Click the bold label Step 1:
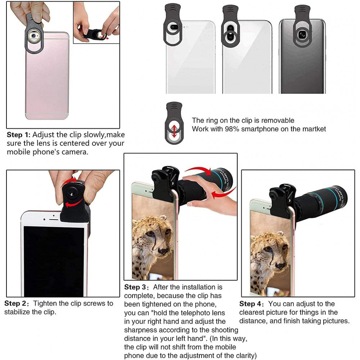click(x=19, y=135)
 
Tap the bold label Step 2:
click(x=17, y=303)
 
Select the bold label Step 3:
click(x=136, y=287)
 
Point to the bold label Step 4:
click(x=252, y=304)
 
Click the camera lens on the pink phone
click(x=34, y=36)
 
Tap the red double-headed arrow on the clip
click(x=174, y=131)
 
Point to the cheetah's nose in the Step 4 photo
click(x=280, y=266)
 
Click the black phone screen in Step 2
click(x=54, y=261)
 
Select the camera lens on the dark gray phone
click(x=302, y=35)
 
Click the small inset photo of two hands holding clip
click(x=96, y=22)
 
